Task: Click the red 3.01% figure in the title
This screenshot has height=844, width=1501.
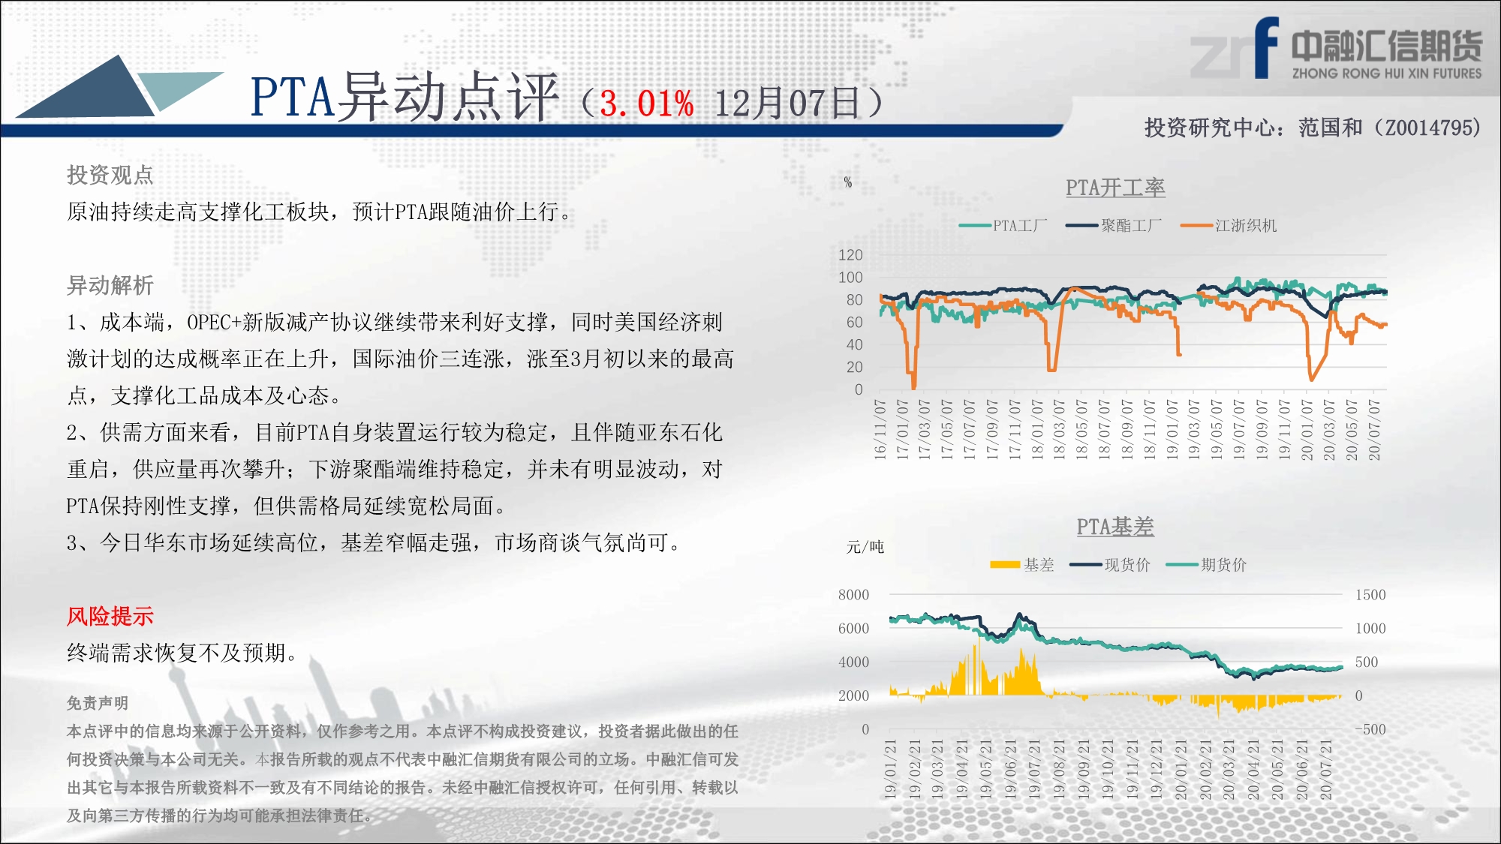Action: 646,104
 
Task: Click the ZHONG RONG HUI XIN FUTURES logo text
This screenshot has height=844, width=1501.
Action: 1387,74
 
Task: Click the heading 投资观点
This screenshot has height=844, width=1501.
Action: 110,175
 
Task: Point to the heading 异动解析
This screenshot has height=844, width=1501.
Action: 110,285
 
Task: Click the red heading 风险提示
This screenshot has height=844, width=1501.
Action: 110,616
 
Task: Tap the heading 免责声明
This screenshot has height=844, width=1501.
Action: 98,703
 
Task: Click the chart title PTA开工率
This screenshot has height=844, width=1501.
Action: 1115,188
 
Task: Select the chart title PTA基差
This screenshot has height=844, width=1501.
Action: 1115,527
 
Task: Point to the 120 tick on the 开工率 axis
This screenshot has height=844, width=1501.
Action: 850,255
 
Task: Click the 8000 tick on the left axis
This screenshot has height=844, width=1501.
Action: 853,595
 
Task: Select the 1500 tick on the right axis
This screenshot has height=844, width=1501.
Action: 1370,595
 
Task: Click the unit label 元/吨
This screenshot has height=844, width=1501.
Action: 865,547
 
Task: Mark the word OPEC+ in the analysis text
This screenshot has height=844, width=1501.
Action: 214,323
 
